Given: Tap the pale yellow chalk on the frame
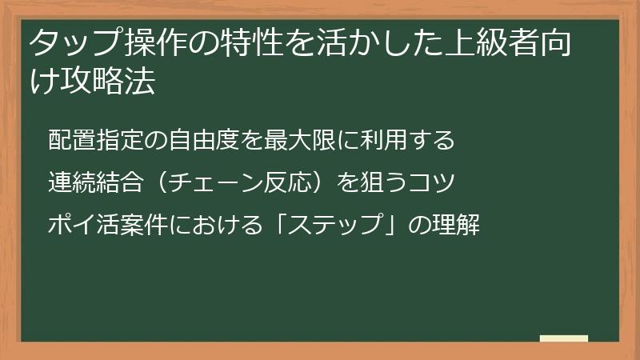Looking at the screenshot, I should (x=563, y=339).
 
